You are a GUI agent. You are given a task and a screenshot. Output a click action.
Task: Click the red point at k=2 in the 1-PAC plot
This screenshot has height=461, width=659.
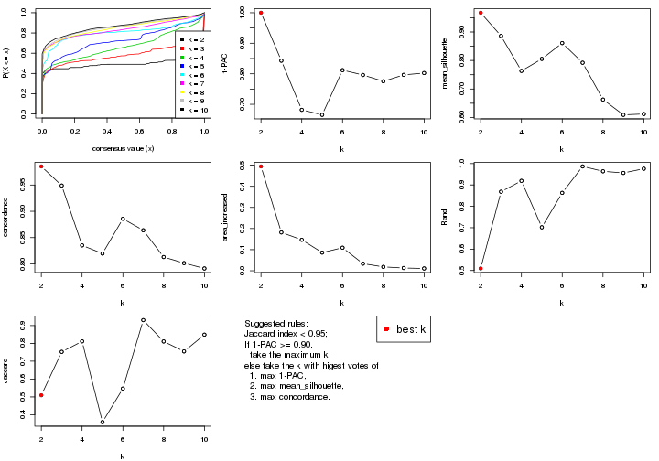click(261, 13)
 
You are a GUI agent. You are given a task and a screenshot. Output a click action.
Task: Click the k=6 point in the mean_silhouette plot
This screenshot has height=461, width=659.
click(562, 43)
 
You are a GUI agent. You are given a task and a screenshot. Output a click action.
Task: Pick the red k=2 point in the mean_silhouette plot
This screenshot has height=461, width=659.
click(481, 13)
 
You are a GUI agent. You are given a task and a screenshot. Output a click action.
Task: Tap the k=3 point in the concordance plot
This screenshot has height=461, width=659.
click(61, 186)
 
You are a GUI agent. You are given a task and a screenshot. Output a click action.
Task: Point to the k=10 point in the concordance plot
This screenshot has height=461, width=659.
click(204, 269)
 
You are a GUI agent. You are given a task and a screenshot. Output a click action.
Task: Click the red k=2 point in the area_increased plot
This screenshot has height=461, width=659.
click(261, 166)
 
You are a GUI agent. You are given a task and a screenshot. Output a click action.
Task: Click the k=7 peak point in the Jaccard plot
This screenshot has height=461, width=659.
click(143, 320)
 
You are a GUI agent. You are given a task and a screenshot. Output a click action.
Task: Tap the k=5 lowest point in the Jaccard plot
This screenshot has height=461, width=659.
click(103, 422)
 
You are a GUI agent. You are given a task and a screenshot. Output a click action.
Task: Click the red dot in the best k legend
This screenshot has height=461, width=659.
click(387, 329)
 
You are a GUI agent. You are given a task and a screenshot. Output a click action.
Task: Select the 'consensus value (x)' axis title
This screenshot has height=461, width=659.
click(123, 149)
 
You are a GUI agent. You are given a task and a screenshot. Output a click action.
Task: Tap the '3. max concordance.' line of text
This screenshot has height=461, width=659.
click(289, 397)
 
